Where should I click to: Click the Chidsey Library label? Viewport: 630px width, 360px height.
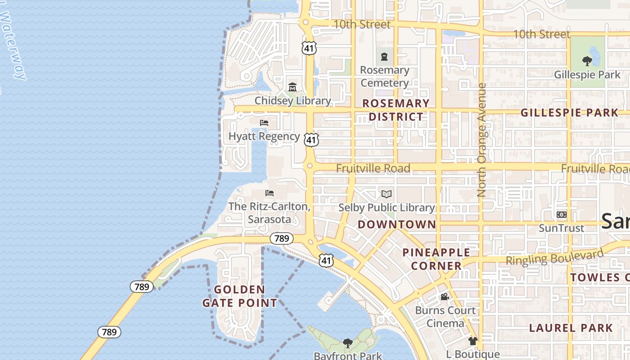click(x=292, y=100)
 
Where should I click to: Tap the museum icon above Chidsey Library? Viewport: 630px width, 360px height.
click(x=292, y=87)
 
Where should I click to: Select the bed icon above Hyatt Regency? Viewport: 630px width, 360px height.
click(x=264, y=122)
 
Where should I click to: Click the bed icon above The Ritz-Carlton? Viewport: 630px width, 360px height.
click(x=270, y=193)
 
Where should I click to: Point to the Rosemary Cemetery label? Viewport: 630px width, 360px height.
click(x=384, y=76)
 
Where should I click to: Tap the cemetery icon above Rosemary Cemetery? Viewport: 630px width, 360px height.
click(x=384, y=57)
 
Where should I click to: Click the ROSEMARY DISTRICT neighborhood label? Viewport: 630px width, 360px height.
click(x=396, y=110)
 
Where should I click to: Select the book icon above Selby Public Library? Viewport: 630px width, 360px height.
click(x=386, y=194)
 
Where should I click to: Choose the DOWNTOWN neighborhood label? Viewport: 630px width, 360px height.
click(x=397, y=224)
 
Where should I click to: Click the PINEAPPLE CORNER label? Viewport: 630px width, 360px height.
click(x=436, y=259)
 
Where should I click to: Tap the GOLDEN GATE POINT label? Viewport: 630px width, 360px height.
click(x=239, y=296)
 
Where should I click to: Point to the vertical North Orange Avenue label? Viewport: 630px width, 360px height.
click(x=481, y=139)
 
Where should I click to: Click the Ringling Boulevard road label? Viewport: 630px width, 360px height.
click(x=554, y=257)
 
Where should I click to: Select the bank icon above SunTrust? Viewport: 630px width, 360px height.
click(x=561, y=215)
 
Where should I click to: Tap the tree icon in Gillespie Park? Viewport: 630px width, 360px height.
click(x=587, y=61)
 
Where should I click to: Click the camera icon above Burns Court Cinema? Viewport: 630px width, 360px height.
click(x=445, y=297)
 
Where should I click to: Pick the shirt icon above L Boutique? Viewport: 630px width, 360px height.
click(x=472, y=341)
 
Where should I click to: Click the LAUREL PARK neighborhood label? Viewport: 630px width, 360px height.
click(x=571, y=328)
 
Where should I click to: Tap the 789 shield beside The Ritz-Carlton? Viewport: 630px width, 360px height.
click(x=281, y=238)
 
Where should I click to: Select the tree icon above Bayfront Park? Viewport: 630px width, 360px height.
click(x=347, y=343)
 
